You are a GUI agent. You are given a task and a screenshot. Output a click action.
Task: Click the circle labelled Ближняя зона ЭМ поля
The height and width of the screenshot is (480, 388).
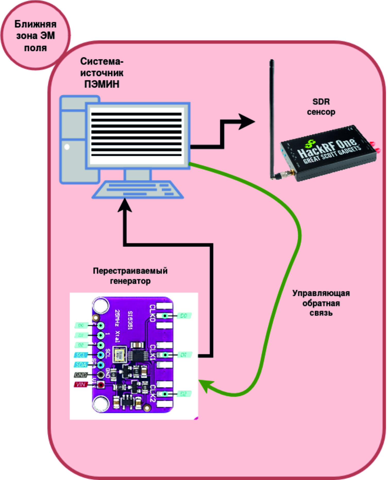coord(35,35)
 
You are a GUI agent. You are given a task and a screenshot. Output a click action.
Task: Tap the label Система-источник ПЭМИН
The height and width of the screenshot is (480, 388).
coord(102,73)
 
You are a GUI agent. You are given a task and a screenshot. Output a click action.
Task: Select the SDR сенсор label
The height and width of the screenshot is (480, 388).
coord(321,107)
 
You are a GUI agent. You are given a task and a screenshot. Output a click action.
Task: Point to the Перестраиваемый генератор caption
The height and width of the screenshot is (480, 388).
coord(130,276)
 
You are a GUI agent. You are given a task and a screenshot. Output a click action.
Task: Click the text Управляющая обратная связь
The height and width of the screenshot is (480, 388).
coord(321,303)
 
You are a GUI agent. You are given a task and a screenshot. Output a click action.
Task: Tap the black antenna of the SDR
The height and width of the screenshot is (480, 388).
coord(272,116)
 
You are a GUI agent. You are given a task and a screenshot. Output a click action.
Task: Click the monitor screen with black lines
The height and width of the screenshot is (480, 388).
coord(137,135)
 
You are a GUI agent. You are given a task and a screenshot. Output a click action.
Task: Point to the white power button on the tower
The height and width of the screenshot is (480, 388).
coord(67,147)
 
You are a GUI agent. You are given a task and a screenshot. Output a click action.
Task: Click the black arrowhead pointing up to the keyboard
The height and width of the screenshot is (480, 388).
coord(125,206)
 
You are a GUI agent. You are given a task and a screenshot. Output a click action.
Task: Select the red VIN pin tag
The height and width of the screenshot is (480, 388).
coord(81,385)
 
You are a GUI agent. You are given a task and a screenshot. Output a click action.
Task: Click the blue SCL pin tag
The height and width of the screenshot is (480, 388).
coord(81,355)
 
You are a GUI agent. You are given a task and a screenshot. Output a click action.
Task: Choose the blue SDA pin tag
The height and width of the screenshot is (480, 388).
coord(81,365)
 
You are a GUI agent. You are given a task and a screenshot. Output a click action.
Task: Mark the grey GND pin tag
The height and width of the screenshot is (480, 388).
coord(81,375)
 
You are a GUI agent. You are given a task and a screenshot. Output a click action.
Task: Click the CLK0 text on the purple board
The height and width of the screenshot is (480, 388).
coord(153,313)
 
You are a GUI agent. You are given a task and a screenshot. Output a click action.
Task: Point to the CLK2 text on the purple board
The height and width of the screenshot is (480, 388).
coord(153,394)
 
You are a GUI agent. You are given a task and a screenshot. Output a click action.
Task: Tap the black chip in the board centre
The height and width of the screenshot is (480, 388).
coord(137,356)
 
